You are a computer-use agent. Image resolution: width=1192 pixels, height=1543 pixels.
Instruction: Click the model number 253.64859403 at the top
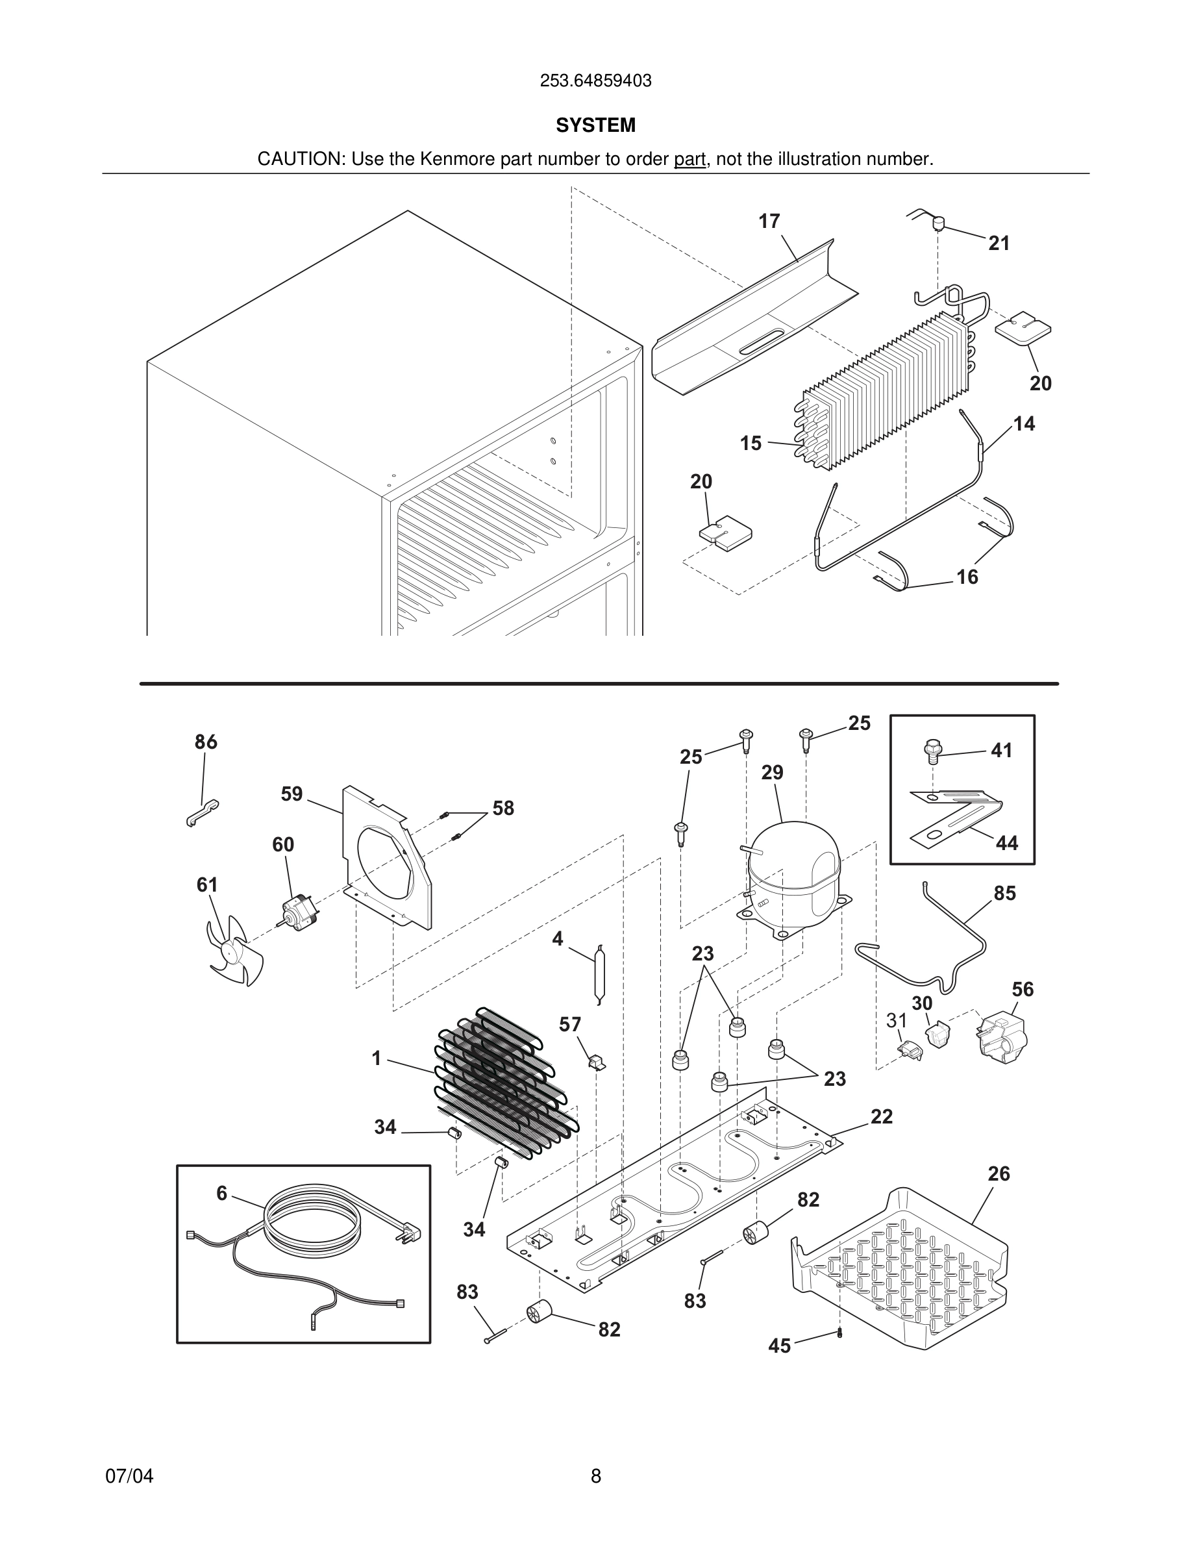coord(595,81)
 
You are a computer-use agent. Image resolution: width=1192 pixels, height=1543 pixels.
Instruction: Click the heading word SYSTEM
coord(595,125)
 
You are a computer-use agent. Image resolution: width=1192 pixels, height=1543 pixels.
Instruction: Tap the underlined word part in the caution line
coord(689,160)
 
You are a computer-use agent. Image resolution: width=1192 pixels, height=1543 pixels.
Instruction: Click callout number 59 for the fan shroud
coord(292,794)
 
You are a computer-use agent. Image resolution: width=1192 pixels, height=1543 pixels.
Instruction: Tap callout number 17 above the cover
coord(769,222)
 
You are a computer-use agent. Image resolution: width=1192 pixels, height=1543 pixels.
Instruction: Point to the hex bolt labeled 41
coord(932,750)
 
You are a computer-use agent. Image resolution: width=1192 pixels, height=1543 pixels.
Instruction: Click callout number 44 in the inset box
coord(1006,843)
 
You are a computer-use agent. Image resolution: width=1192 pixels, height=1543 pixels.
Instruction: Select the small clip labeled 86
coord(202,812)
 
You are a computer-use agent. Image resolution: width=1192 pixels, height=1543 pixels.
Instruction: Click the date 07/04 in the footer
coord(129,1476)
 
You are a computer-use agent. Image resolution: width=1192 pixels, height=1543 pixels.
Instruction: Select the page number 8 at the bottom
coord(595,1476)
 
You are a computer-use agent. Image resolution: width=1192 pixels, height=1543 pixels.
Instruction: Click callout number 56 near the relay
coord(1023,989)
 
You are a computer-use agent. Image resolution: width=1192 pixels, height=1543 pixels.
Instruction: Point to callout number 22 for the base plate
coord(881,1117)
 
